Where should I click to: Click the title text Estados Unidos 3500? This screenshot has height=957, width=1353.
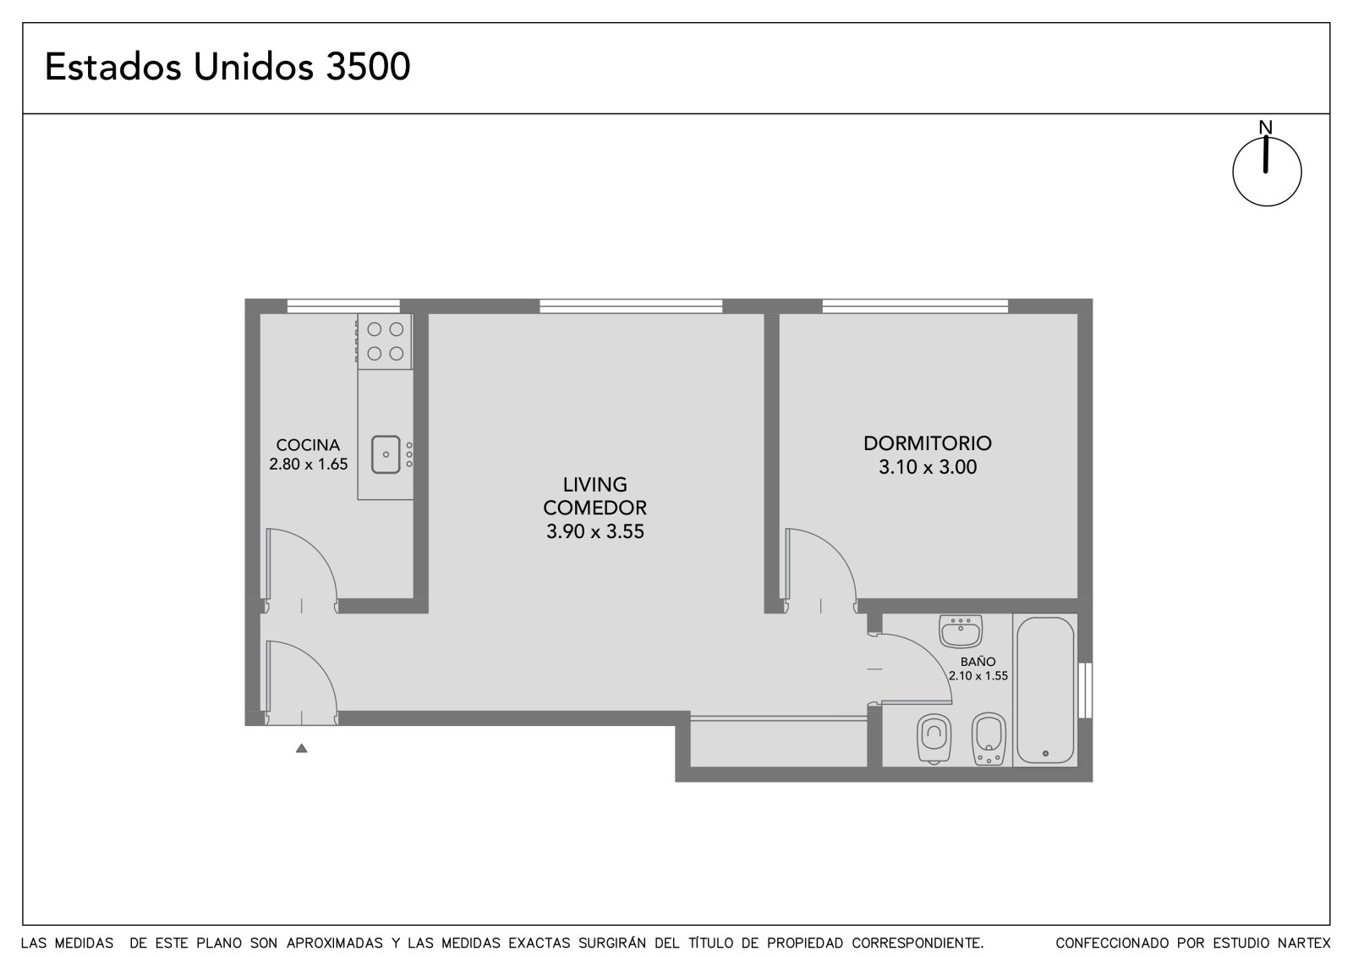(227, 67)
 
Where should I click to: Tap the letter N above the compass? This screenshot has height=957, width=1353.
(1265, 128)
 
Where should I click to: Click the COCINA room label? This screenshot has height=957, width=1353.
(308, 445)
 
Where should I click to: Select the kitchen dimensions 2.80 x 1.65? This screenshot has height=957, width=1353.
(308, 465)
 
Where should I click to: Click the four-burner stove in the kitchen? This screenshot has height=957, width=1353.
(385, 341)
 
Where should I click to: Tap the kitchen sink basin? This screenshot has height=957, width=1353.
(386, 454)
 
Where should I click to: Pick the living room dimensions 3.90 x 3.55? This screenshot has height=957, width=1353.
(595, 531)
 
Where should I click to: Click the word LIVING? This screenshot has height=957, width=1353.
(595, 484)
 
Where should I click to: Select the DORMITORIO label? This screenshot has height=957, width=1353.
(927, 443)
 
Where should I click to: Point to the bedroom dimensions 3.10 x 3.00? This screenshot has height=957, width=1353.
(927, 467)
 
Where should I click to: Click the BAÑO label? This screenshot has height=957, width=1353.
(978, 662)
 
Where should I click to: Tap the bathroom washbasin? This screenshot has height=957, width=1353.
(961, 631)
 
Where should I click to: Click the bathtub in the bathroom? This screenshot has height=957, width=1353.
(1045, 690)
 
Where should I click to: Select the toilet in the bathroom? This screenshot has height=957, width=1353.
(934, 739)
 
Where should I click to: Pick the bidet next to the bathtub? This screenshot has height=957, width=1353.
(989, 739)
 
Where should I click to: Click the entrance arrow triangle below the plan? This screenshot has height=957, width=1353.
(301, 749)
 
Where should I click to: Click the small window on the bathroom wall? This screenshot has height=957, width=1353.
(1085, 690)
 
